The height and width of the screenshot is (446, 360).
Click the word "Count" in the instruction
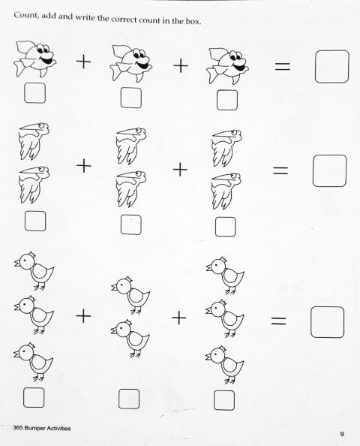25,15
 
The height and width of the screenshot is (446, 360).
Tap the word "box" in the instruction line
193,21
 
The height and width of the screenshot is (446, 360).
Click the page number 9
342,434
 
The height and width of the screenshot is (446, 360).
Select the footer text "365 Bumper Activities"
42,428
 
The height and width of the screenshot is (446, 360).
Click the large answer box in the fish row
331,67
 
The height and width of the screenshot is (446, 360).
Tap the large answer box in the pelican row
329,170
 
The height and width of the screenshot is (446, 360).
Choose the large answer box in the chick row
327,322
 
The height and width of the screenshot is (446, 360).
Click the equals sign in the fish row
283,67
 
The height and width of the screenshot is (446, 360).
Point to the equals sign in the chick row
278,321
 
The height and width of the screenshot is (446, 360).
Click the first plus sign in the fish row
84,62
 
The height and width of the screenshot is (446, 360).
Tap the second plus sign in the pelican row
180,170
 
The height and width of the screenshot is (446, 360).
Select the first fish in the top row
34,59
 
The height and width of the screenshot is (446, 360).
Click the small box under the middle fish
131,98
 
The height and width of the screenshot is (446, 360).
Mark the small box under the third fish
227,100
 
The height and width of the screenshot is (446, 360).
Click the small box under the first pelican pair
35,221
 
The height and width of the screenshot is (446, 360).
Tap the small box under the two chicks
129,399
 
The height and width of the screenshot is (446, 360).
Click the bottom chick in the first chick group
33,362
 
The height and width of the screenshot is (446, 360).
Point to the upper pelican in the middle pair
131,146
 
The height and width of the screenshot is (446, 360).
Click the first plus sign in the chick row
83,316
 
